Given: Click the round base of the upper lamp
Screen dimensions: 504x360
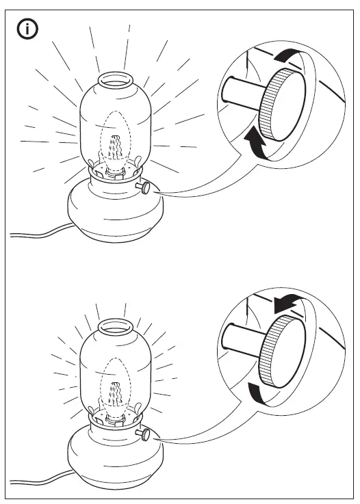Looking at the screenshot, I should [113, 213].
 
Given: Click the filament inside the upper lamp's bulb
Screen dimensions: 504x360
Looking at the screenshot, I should [115, 146].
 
